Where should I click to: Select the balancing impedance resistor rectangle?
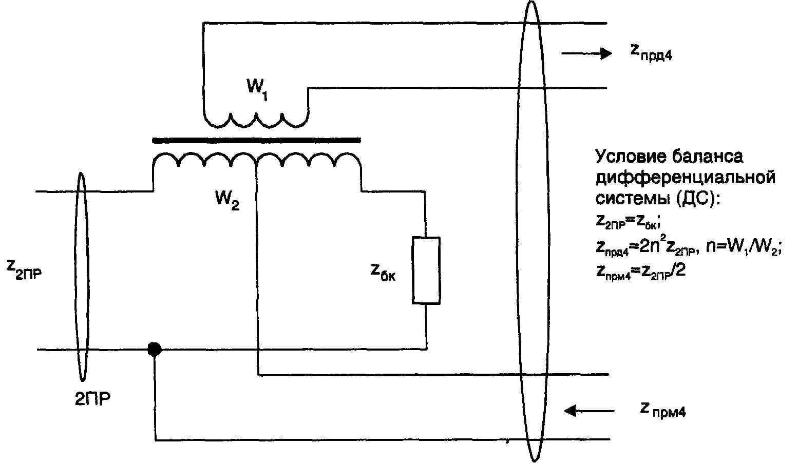click(x=426, y=270)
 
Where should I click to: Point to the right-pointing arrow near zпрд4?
click(x=586, y=53)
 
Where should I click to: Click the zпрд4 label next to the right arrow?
click(x=650, y=52)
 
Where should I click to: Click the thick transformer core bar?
click(x=256, y=139)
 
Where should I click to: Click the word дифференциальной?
click(x=685, y=178)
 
